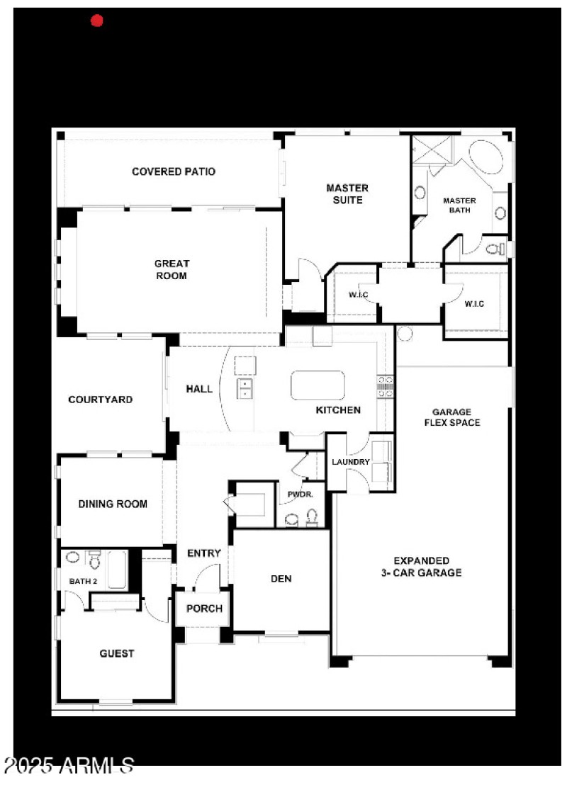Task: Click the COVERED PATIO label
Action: [x=174, y=171]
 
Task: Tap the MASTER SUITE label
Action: [x=347, y=193]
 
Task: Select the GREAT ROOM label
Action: [x=172, y=269]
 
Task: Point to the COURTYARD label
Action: [x=100, y=400]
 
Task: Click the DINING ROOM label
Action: [x=113, y=504]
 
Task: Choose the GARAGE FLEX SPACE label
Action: [x=452, y=417]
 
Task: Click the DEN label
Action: [x=281, y=578]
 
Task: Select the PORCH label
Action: [x=204, y=609]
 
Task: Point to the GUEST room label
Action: [x=117, y=653]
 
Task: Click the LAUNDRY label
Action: [x=351, y=462]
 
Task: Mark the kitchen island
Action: [x=318, y=385]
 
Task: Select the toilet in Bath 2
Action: [x=94, y=560]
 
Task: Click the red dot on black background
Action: [x=97, y=21]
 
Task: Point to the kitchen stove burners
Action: [x=386, y=385]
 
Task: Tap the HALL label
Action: [x=199, y=388]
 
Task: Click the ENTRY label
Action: [x=204, y=553]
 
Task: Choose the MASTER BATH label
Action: [x=459, y=205]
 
